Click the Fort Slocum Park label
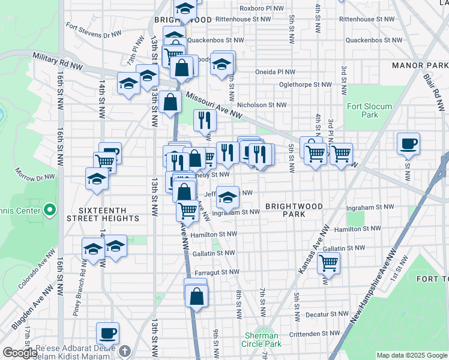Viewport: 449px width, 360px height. [x=369, y=110]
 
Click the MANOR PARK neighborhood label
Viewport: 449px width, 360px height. [x=420, y=65]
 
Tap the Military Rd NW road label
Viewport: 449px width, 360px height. [x=58, y=58]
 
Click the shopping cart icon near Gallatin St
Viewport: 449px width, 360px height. [x=328, y=262]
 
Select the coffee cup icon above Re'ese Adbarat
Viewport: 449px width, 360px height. [x=108, y=332]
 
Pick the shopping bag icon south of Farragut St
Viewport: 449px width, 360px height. [x=196, y=296]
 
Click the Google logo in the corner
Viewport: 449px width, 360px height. [x=20, y=353]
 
